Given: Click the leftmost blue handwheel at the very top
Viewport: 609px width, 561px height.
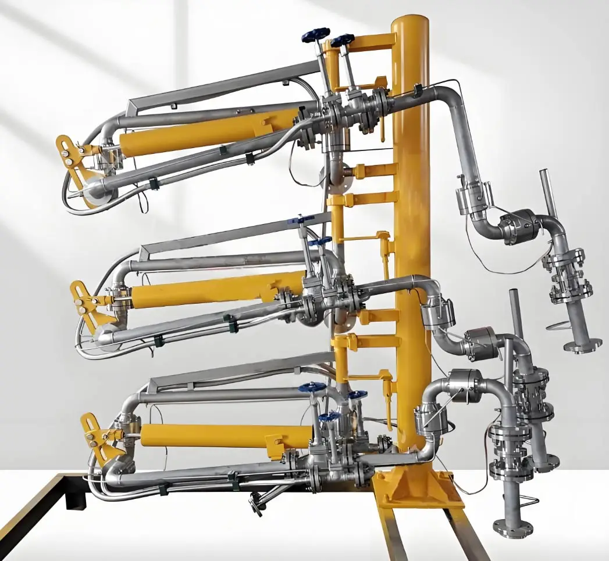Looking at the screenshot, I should coord(315,35).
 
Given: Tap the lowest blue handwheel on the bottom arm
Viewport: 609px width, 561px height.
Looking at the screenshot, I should coord(329,417).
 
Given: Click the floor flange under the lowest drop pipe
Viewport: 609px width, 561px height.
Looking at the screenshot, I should coord(512,527).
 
